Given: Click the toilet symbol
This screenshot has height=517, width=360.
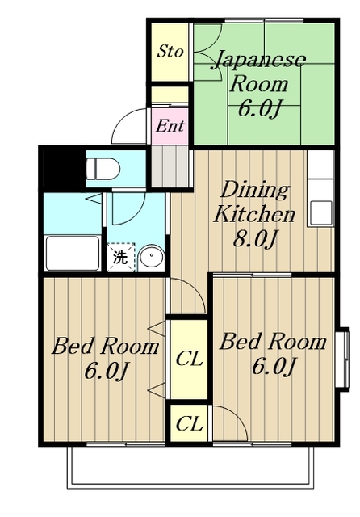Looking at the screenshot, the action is pyautogui.click(x=103, y=168).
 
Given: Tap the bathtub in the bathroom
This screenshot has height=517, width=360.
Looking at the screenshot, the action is pyautogui.click(x=73, y=253).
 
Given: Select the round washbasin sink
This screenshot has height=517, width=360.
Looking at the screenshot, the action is pyautogui.click(x=151, y=257).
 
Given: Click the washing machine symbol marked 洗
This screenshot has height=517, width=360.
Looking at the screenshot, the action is pyautogui.click(x=121, y=257).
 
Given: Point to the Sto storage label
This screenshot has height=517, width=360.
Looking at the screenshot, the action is pyautogui.click(x=170, y=52).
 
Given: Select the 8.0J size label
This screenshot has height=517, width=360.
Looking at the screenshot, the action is pyautogui.click(x=254, y=238).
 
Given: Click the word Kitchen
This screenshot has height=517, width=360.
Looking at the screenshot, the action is pyautogui.click(x=254, y=214).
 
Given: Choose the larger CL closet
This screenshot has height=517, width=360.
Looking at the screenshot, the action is pyautogui.click(x=189, y=359).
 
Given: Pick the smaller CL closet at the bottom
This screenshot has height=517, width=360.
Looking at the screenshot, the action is pyautogui.click(x=189, y=423).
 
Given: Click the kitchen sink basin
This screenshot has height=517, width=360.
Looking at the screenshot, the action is pyautogui.click(x=320, y=213).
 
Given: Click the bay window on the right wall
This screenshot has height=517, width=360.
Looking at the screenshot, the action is pyautogui.click(x=343, y=359).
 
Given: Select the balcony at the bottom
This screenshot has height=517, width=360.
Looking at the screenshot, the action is pyautogui.click(x=190, y=467).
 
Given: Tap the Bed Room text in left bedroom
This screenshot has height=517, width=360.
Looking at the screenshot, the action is pyautogui.click(x=106, y=347).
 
